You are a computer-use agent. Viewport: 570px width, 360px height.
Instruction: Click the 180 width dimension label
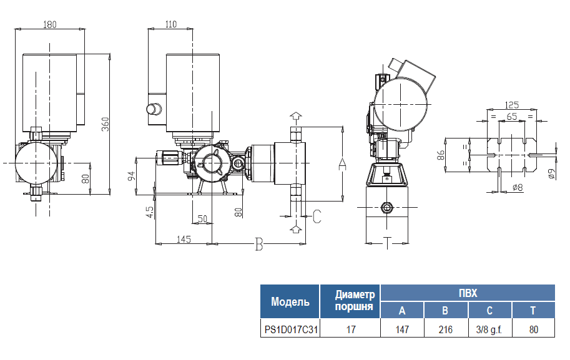[x=50, y=24]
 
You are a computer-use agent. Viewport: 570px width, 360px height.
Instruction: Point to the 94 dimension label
[x=132, y=176]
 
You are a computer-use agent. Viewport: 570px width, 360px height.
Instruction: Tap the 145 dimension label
[x=184, y=238]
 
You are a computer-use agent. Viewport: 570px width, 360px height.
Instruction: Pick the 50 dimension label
[x=202, y=219]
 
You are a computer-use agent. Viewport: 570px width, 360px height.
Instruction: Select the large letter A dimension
[x=342, y=164]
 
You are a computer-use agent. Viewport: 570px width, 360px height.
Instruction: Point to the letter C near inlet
[x=317, y=216]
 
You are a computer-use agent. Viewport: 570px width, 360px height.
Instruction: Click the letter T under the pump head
[x=387, y=243]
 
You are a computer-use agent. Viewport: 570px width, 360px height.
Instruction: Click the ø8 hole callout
[x=517, y=187]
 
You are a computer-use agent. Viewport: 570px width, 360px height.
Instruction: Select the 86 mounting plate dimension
[x=441, y=155]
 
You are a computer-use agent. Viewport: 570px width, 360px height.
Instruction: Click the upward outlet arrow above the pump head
[x=296, y=116]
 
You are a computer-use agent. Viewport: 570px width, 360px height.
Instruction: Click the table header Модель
[x=290, y=302]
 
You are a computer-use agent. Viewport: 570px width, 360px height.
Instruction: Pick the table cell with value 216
[x=446, y=329]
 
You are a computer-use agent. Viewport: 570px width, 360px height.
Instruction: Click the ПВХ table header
[x=468, y=292]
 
